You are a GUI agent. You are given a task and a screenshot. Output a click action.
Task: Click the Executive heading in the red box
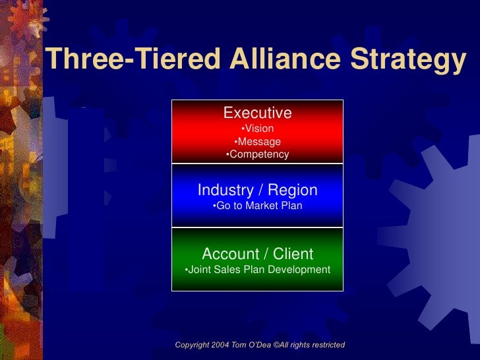[257, 113]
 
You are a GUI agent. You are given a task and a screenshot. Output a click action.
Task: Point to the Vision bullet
[257, 129]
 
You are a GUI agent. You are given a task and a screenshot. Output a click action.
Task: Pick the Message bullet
[257, 142]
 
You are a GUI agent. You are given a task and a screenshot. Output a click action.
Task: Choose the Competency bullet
[257, 154]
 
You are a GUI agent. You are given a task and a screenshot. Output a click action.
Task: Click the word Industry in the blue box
[225, 191]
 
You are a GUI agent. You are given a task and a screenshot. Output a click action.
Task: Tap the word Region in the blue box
[293, 191]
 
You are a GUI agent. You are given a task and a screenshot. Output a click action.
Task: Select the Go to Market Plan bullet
[257, 206]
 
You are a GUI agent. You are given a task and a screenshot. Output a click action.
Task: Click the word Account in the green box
[231, 254]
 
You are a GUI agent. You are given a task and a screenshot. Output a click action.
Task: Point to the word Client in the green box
[292, 254]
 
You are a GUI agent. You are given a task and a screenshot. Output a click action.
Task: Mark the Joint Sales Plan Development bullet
[257, 270]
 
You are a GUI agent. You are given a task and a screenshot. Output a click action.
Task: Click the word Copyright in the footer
[193, 345]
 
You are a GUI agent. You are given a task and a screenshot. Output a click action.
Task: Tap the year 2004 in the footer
[222, 345]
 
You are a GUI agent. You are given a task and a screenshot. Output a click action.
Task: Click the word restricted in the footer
[326, 345]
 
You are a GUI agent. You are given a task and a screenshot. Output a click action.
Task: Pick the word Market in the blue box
[262, 206]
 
